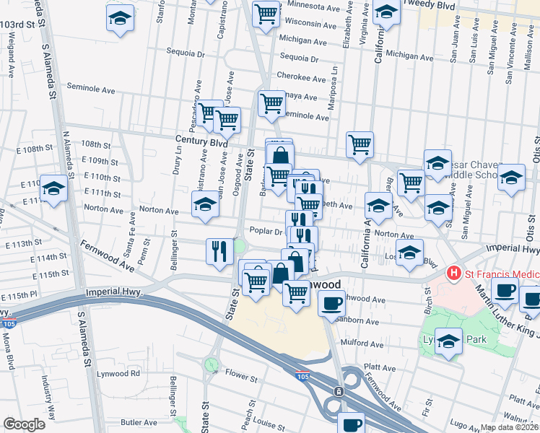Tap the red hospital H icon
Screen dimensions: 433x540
click(x=454, y=274)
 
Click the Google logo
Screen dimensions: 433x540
click(x=24, y=424)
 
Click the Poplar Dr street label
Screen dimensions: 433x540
click(x=265, y=232)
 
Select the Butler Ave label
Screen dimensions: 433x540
click(x=139, y=422)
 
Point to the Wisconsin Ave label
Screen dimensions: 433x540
click(x=311, y=24)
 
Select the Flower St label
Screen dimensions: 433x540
click(x=241, y=377)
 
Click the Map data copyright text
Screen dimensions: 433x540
click(x=510, y=427)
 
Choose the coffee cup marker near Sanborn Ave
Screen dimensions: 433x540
click(x=331, y=304)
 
